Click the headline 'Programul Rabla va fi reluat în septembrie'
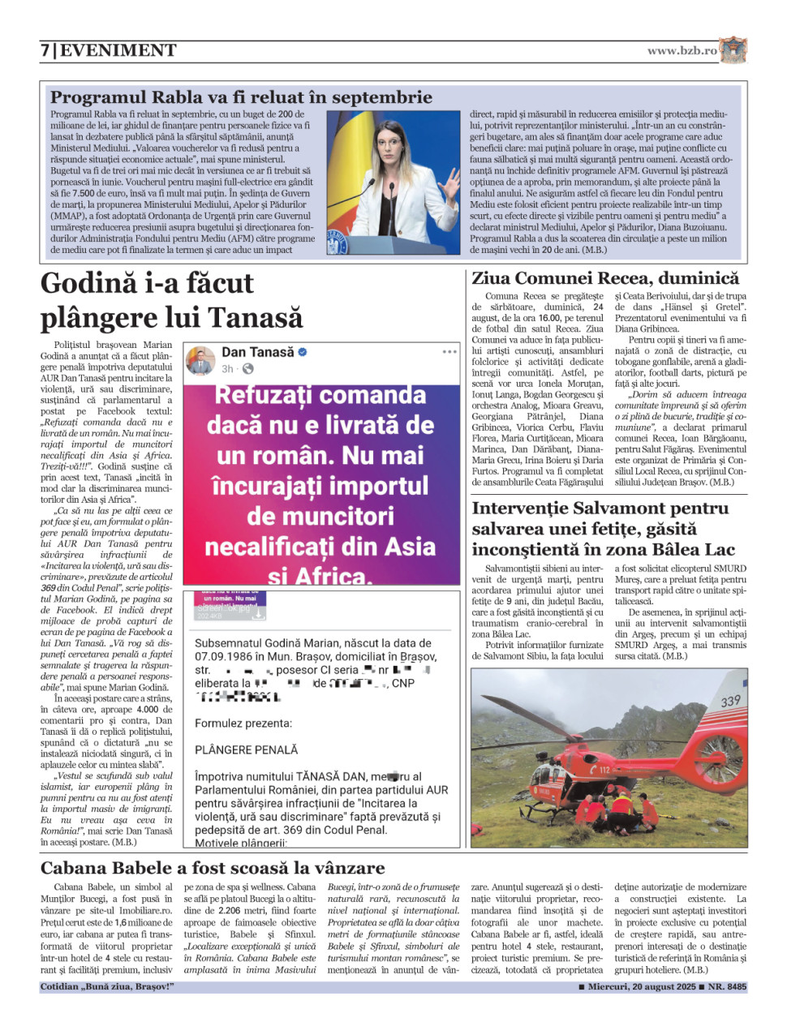(241, 97)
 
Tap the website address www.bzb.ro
(682, 50)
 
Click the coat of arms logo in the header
(733, 49)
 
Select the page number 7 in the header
(45, 50)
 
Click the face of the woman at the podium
(388, 145)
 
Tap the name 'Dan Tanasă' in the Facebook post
(257, 352)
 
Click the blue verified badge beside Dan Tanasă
(303, 352)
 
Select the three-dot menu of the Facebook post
(449, 352)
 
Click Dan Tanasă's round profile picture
(200, 360)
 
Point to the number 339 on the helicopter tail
(730, 701)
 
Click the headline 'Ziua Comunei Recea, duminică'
(605, 278)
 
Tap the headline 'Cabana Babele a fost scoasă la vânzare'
(213, 867)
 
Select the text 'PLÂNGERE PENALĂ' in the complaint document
(246, 749)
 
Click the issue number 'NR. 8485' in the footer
(727, 987)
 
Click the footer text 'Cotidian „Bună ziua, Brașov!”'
(107, 987)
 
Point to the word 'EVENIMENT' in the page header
(118, 50)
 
